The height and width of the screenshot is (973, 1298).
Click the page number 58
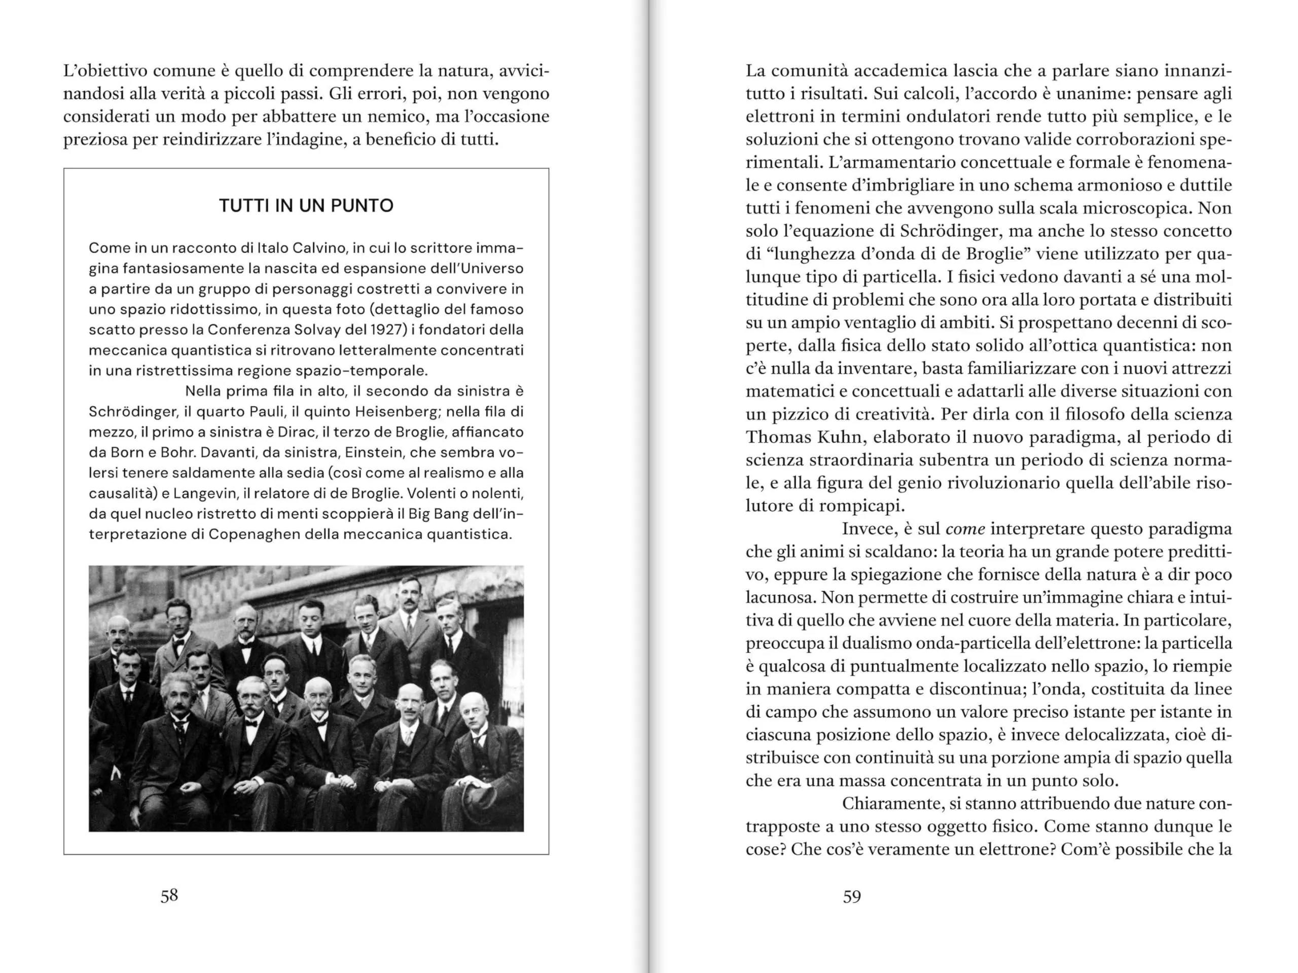coord(169,895)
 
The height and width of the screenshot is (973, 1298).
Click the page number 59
coord(851,896)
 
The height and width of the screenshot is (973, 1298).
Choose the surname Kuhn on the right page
coord(817,437)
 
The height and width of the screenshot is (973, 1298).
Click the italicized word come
coord(965,529)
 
